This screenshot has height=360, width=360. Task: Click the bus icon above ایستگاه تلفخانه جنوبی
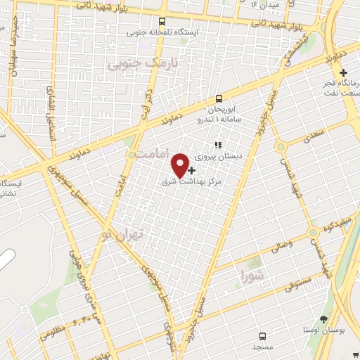(x=162, y=21)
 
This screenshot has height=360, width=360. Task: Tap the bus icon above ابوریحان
(x=219, y=98)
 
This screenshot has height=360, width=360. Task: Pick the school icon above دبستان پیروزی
(x=217, y=146)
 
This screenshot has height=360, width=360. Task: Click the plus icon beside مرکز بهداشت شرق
(x=192, y=170)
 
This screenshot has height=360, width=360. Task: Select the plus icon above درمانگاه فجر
(x=342, y=72)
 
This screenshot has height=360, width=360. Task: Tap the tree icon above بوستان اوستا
(x=323, y=319)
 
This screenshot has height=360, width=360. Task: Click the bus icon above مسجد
(x=262, y=335)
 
